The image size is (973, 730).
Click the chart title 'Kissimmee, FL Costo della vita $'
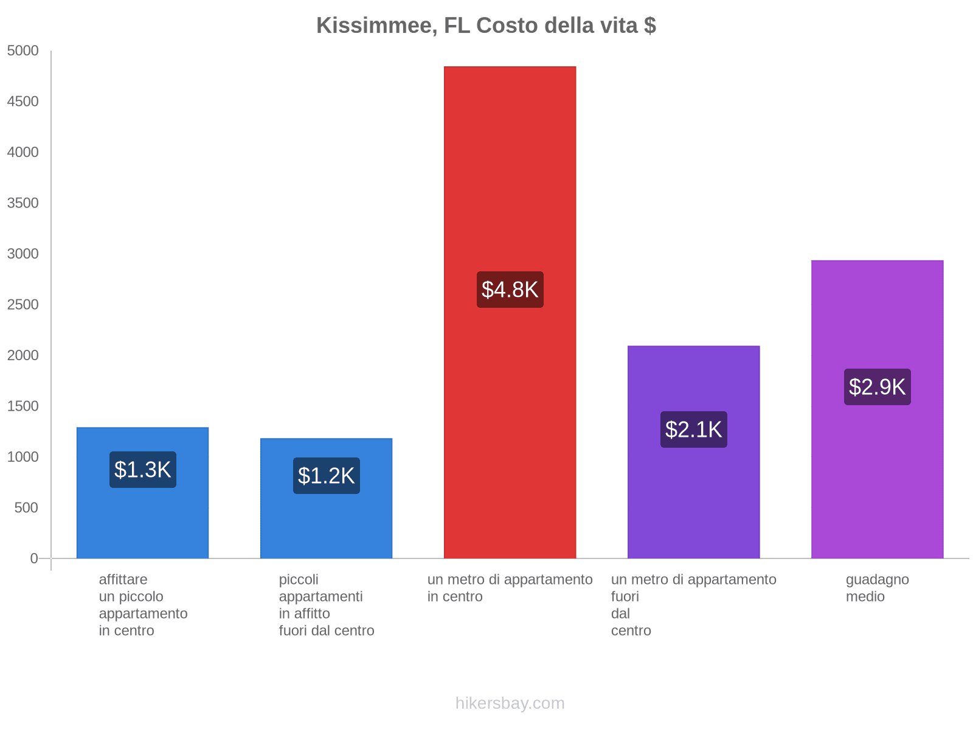click(486, 26)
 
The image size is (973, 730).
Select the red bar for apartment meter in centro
click(510, 182)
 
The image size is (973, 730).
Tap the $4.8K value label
click(510, 290)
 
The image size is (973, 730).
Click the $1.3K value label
click(143, 470)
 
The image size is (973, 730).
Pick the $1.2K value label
click(327, 476)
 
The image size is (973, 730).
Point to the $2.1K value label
click(693, 429)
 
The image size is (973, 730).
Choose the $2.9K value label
click(877, 387)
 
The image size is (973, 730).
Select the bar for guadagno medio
click(877, 487)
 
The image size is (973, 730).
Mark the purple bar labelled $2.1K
click(693, 499)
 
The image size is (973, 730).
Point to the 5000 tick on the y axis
click(23, 50)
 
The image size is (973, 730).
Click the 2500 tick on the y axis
click(23, 304)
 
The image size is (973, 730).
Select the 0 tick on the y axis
click(34, 558)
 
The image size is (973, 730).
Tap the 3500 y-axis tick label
click(23, 203)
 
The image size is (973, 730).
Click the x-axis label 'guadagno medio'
click(877, 588)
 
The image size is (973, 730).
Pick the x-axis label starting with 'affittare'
click(143, 605)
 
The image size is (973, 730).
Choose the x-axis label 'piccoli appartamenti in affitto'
click(327, 605)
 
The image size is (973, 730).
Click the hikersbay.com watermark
click(510, 703)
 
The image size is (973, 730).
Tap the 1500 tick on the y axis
click(23, 406)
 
